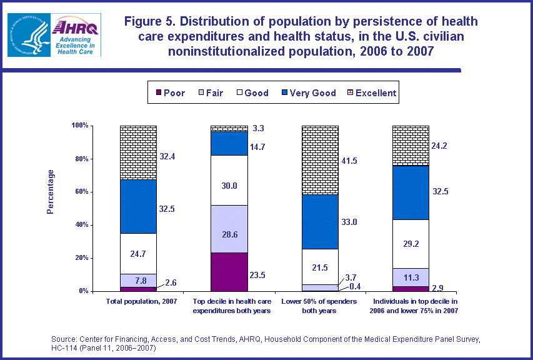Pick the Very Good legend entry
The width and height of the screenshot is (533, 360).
coord(306,93)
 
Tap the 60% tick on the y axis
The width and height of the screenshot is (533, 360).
coord(80,192)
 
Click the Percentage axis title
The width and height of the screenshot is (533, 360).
coord(51,191)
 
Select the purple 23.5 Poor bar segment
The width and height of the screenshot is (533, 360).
coord(229,272)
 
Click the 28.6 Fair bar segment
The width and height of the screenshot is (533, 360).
coord(229,229)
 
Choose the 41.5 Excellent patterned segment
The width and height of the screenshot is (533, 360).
coord(320,159)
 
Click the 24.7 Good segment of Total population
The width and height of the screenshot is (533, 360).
coord(138,253)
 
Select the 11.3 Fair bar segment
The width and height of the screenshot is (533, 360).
coord(411,277)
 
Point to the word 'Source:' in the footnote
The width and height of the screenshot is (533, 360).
coord(65,339)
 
